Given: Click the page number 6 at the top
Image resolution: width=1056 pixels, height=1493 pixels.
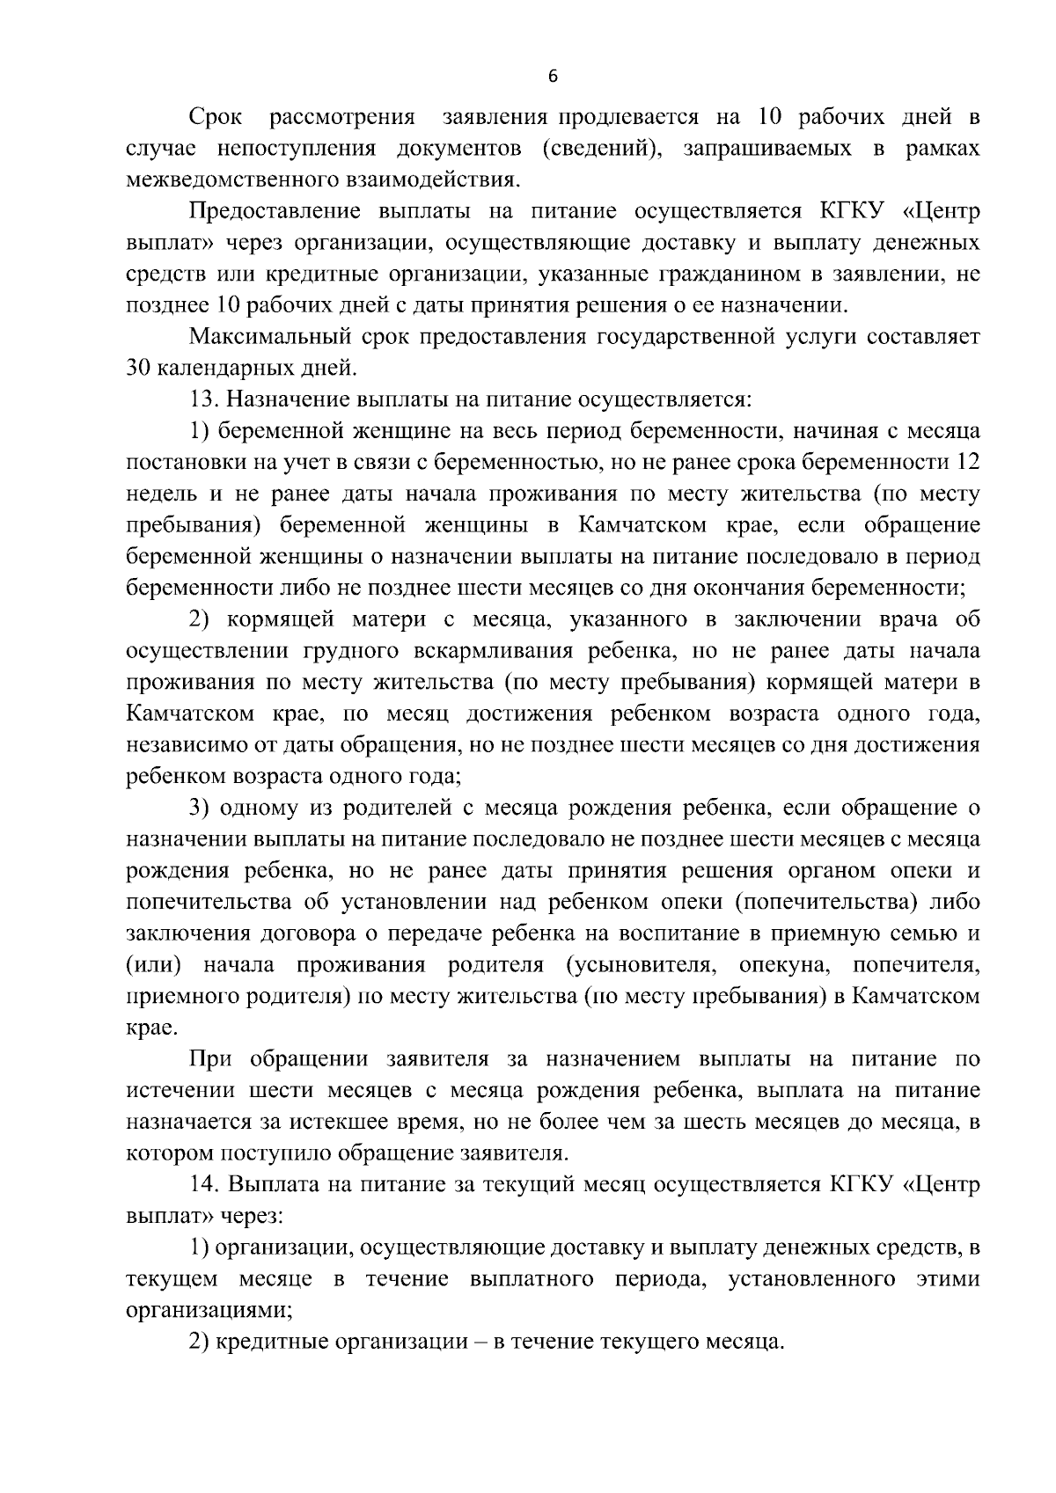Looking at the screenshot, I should point(553,77).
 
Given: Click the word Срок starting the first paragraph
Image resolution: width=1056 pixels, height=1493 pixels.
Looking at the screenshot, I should point(216,117).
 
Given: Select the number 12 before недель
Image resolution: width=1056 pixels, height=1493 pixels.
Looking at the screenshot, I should point(967,463).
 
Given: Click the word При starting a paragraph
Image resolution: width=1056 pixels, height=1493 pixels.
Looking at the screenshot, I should point(209,1059).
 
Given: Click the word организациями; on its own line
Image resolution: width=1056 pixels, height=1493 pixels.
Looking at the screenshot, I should point(209,1310).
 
